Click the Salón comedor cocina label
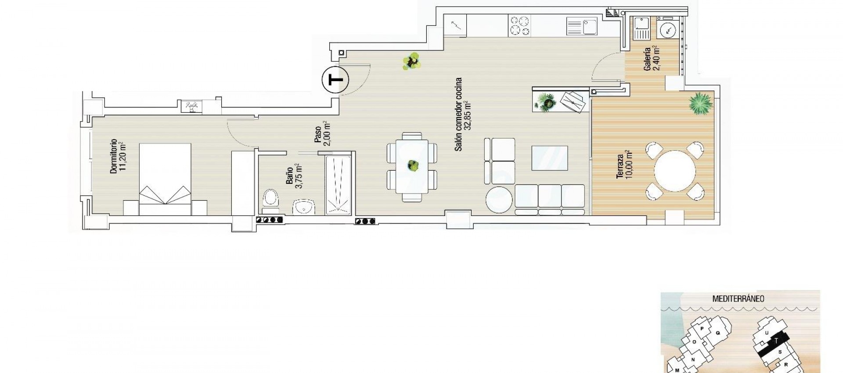coord(463,115)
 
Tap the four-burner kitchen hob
coord(520,25)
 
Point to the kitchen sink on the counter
coord(582,26)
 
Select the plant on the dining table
coord(412,165)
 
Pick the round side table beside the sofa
coord(499,201)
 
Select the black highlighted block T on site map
coord(776,354)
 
